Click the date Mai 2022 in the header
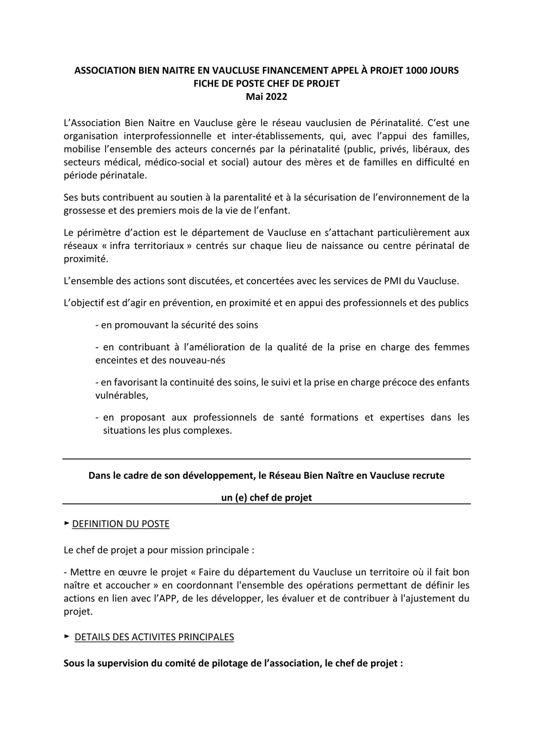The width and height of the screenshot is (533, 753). click(x=266, y=97)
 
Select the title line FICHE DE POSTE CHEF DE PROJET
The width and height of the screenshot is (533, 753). click(x=266, y=84)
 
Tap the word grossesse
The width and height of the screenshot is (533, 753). click(x=84, y=210)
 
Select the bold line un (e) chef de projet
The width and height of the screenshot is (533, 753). click(x=266, y=498)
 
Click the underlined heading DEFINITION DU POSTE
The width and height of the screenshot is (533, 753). click(x=121, y=524)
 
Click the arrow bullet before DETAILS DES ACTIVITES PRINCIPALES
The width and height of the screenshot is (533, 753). click(x=67, y=636)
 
